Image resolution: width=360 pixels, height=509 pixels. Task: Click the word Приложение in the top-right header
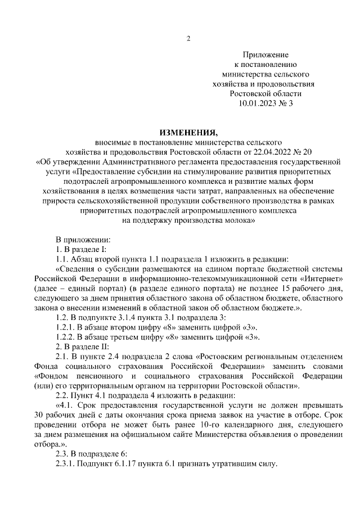coord(266,55)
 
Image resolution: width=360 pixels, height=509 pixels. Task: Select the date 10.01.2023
coord(256,103)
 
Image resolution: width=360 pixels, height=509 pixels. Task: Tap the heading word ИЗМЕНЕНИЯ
coord(188,133)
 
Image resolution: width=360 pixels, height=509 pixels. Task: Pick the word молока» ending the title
coord(240,220)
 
